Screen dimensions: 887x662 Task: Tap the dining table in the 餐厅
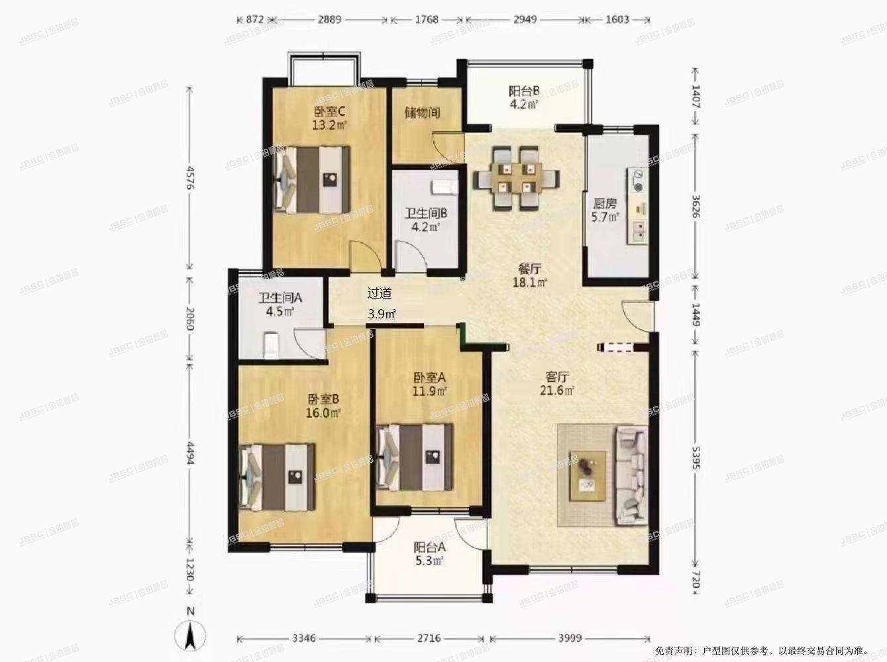point(516,178)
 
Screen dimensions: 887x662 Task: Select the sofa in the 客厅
point(631,476)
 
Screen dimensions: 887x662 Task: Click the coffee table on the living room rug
point(588,476)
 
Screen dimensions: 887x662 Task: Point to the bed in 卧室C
point(312,179)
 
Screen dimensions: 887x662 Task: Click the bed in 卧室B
point(277,477)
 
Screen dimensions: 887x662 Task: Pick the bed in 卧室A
point(415,457)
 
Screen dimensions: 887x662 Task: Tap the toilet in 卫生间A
point(271,345)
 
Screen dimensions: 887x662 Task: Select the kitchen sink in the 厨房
point(637,232)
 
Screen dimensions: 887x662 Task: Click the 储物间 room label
point(422,113)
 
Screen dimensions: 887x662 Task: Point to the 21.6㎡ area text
point(557,391)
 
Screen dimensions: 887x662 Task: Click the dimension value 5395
point(696,457)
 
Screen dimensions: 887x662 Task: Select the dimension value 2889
point(329,19)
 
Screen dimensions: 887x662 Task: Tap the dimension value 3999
point(570,638)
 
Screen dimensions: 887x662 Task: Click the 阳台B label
point(524,91)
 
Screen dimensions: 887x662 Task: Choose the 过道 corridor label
point(380,293)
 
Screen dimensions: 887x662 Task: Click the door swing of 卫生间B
point(411,256)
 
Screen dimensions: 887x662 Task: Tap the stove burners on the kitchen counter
point(638,181)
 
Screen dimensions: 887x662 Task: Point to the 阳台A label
point(429,547)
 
